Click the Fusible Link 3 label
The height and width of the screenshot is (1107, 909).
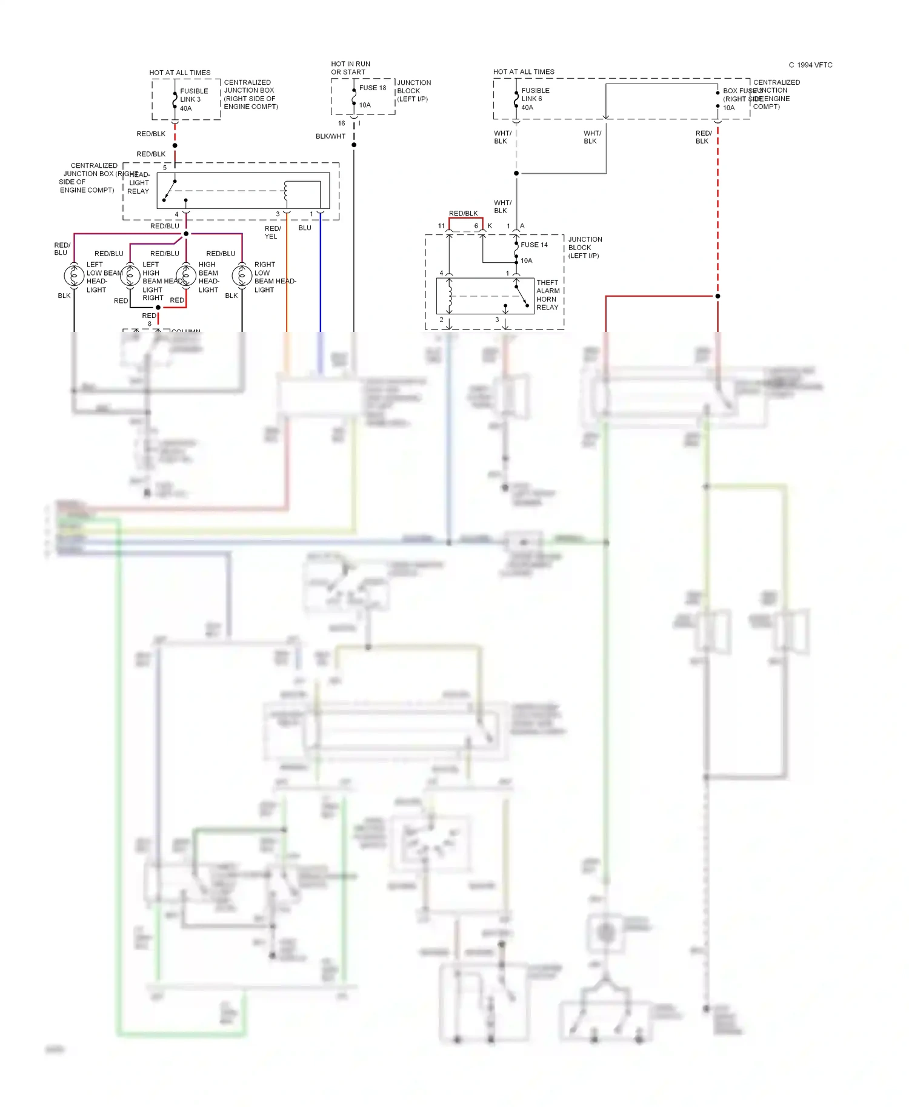click(x=193, y=95)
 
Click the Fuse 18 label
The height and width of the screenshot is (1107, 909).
click(x=372, y=88)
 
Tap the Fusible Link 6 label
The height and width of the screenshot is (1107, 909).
click(x=535, y=94)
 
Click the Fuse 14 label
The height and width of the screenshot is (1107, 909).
click(x=534, y=245)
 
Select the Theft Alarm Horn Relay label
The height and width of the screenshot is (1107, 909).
click(x=548, y=295)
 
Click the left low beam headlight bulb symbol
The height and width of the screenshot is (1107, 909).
click(x=74, y=276)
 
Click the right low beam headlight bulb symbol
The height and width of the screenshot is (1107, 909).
click(x=242, y=276)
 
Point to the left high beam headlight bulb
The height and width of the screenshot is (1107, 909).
click(x=130, y=276)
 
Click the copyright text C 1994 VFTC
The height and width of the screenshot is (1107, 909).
click(x=810, y=65)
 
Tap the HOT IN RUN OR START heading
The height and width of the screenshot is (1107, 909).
click(x=350, y=68)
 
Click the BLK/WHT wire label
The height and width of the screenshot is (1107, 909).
click(x=330, y=136)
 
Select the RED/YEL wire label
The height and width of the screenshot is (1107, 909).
click(x=272, y=233)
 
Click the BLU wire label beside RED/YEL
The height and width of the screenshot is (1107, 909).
click(x=305, y=228)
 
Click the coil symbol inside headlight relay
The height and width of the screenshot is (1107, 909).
click(x=285, y=193)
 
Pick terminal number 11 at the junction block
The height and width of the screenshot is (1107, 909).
click(x=441, y=226)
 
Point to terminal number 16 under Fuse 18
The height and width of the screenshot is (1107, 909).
click(x=341, y=124)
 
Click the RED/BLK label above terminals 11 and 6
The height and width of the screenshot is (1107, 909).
click(x=463, y=213)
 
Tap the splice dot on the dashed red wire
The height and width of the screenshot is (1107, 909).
click(x=718, y=296)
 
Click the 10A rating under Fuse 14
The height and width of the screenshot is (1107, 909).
click(x=526, y=260)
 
